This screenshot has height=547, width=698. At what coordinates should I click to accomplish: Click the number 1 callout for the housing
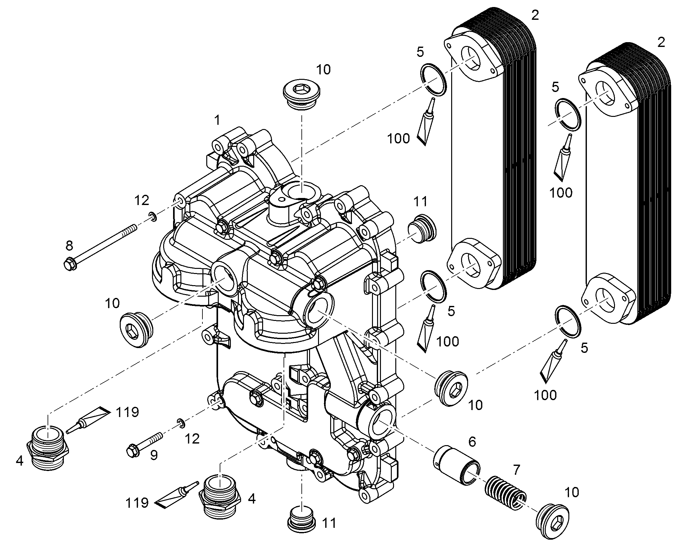[x=217, y=120]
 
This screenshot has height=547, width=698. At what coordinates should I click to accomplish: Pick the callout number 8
[x=69, y=246]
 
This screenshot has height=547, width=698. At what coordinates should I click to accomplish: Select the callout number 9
[x=154, y=455]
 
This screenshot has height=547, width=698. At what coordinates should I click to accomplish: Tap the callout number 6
[x=472, y=442]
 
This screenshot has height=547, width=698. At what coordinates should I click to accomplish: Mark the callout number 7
[x=516, y=470]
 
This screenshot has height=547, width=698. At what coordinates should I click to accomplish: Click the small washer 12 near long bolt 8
[x=153, y=217]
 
